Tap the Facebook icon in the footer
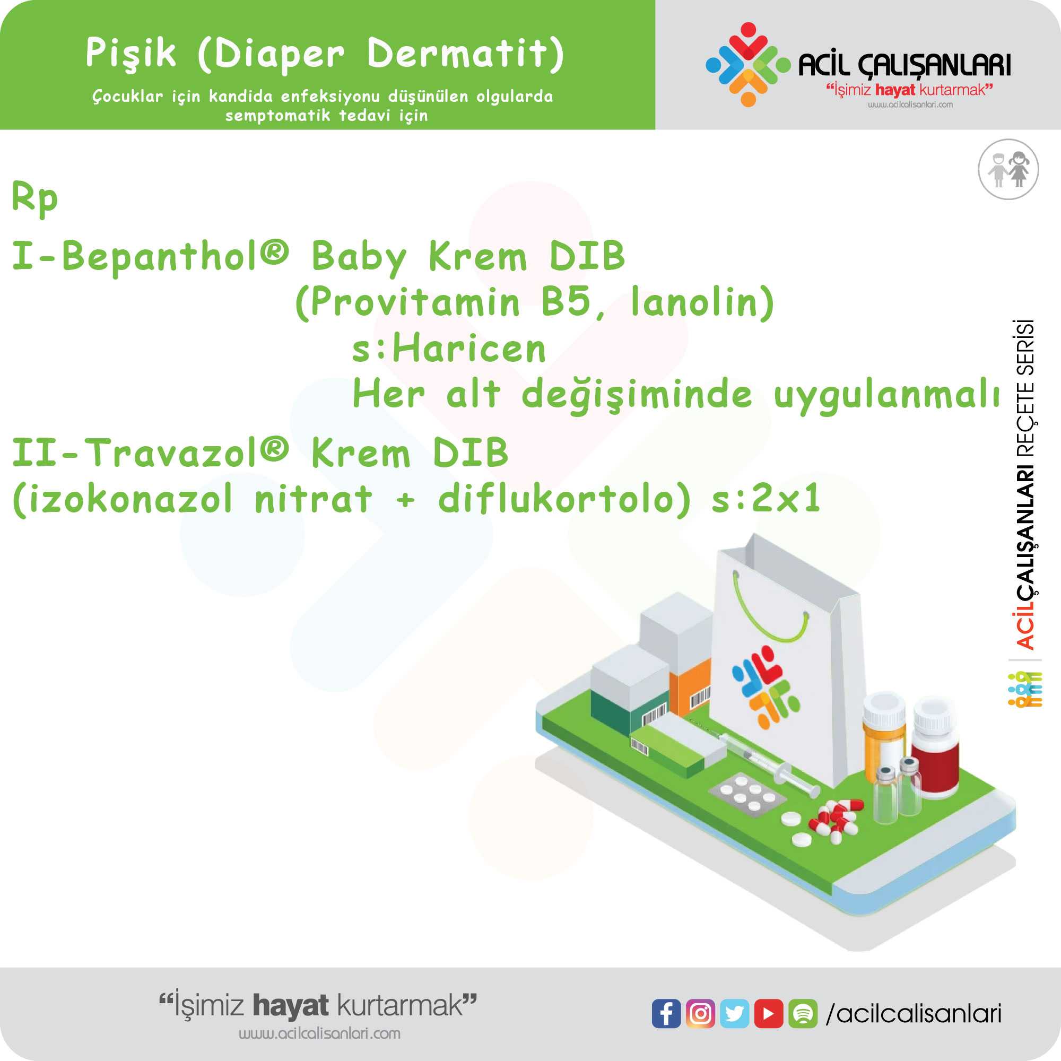coord(666,1013)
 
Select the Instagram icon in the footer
coord(700,1013)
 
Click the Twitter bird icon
coord(734,1013)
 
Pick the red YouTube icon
coord(768,1013)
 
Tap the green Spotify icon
coord(803,1013)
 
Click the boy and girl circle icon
coord(1008,169)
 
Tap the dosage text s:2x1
coord(766,499)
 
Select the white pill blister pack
coord(747,794)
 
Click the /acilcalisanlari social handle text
coord(914,1014)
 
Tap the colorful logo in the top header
coord(747,64)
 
